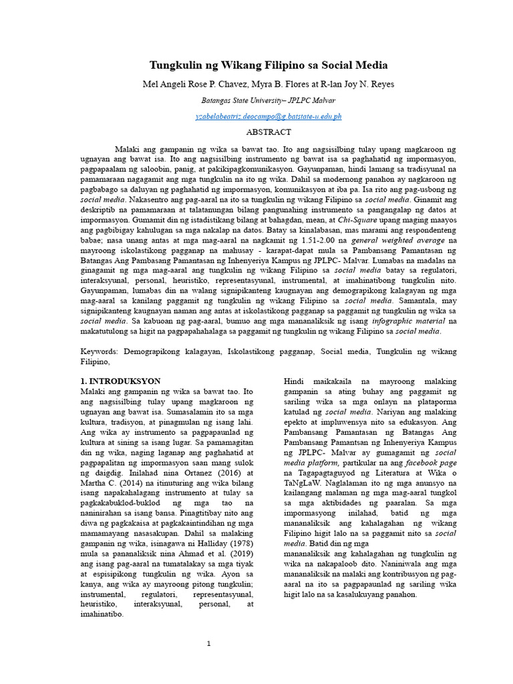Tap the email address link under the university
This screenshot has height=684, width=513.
(269, 116)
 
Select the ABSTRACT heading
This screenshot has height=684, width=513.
(269, 132)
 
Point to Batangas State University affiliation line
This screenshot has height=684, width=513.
(269, 101)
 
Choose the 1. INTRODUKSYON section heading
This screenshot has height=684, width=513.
(119, 380)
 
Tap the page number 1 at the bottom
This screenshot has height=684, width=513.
(208, 643)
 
